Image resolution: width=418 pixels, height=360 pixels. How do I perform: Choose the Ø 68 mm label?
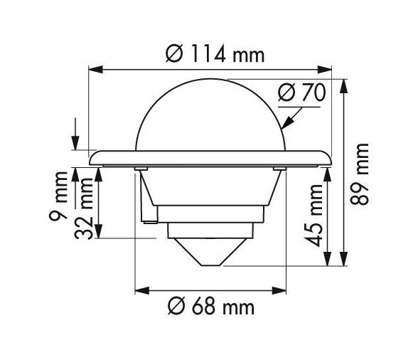(210, 308)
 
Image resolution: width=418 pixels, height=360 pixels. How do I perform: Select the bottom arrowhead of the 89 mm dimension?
(344, 261)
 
